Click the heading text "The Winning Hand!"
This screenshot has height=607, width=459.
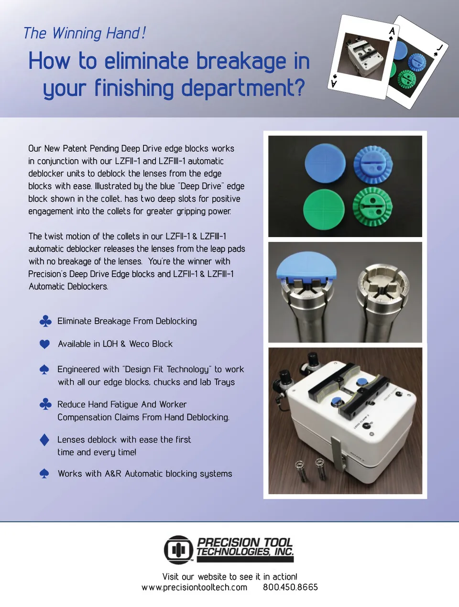point(84,33)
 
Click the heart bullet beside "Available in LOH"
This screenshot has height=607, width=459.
point(44,344)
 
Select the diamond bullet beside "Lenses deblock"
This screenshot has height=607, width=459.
point(44,440)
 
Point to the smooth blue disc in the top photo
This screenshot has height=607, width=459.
point(325,163)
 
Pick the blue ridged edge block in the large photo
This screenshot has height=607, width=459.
point(373,165)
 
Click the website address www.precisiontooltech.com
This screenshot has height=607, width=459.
point(194,587)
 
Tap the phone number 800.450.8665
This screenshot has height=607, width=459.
point(290,587)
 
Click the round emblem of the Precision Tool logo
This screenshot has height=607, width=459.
point(178,550)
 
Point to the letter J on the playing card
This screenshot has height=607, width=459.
point(440,48)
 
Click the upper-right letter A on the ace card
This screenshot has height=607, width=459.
point(392,31)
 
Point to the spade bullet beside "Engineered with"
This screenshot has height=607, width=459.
point(44,370)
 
